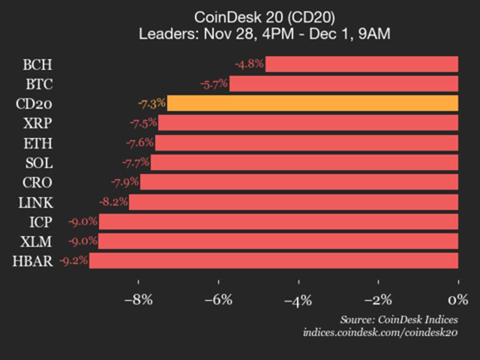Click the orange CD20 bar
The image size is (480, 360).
pos(312,103)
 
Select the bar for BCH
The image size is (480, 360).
pos(361,64)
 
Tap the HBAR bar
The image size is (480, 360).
pos(273,261)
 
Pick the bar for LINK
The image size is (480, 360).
pos(293,202)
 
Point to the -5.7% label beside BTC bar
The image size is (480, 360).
pos(214,84)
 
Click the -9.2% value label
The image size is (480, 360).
pos(74,261)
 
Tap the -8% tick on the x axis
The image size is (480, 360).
pos(138,300)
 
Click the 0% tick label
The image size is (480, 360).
pos(458,300)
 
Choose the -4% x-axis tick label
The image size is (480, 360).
pos(298,300)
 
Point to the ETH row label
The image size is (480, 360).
pos(38,143)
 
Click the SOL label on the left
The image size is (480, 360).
pos(39,163)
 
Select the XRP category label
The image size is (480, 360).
pos(37,123)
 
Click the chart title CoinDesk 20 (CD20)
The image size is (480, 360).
pos(264,17)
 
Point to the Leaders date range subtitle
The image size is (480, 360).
pos(264,34)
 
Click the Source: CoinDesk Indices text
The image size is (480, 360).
pos(399,320)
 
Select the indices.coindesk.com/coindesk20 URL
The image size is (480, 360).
pos(380,332)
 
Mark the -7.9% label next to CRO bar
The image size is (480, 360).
pos(125,182)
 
